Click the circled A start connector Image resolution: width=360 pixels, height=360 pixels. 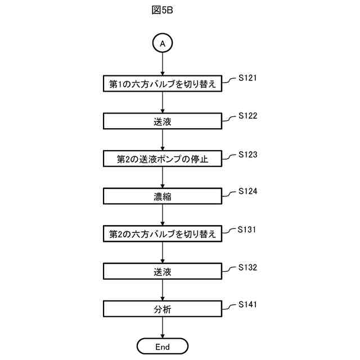pos(163,43)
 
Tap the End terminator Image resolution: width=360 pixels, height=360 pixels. pos(163,346)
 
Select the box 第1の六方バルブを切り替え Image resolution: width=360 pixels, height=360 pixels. pos(163,84)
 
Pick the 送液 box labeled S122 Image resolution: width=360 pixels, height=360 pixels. pos(163,121)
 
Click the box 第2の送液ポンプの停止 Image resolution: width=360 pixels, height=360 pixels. pos(163,159)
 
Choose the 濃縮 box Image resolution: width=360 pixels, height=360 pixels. pos(163,196)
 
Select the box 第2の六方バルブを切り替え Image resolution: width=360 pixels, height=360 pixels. pos(163,234)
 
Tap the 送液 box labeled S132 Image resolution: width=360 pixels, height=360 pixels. pos(163,272)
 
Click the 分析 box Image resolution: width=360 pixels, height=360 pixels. pos(163,309)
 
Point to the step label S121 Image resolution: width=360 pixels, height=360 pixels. pos(247,78)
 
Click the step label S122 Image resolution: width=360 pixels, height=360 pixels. pos(247,116)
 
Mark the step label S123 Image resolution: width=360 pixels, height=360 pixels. pos(247,154)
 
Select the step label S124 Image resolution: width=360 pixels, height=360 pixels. pos(247,191)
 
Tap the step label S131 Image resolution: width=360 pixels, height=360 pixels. pos(247,229)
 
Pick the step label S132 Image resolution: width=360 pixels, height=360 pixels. pos(247,267)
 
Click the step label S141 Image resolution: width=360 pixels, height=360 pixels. pos(247,304)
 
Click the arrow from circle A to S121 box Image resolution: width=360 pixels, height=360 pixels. pos(163,63)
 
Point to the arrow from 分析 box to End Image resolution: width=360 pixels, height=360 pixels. pos(163,328)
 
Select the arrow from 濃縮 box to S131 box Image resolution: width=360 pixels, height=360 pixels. pos(163,215)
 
